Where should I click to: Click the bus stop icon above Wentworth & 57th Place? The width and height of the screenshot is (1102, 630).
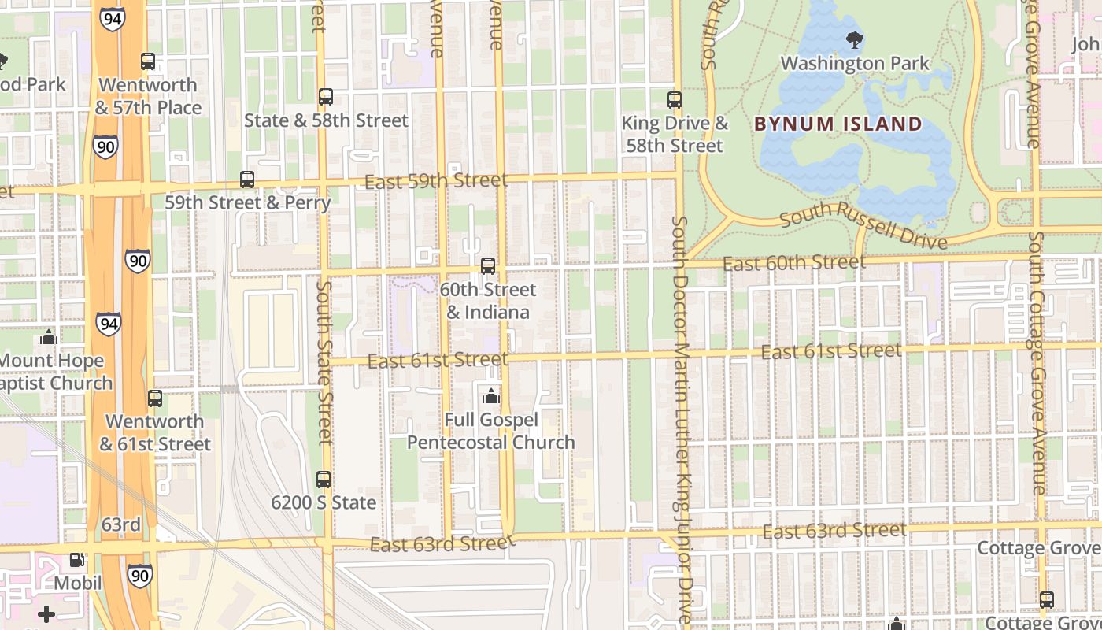(148, 61)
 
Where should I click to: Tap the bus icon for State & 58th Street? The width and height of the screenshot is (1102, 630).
(326, 98)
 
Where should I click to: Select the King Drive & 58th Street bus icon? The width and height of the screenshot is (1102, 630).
(675, 100)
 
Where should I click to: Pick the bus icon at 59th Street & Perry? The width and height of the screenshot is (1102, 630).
(247, 180)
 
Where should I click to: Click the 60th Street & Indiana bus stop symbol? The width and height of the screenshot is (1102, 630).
(488, 266)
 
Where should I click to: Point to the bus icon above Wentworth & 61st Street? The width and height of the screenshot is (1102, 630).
(155, 398)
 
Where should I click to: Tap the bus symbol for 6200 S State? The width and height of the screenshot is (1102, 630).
(324, 480)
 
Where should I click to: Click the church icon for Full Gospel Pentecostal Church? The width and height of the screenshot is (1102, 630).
(491, 396)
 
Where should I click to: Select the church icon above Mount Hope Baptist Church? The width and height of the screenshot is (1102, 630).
(49, 338)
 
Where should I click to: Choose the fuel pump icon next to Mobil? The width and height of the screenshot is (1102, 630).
(77, 560)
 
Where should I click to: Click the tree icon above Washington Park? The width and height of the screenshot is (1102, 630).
(854, 39)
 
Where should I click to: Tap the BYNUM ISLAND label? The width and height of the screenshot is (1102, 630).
(838, 124)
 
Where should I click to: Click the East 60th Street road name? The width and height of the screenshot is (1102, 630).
(794, 262)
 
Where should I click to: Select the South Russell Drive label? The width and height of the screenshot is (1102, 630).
(863, 224)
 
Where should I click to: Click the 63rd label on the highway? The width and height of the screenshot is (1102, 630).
(121, 524)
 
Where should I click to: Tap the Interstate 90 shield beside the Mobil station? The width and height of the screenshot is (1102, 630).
(139, 576)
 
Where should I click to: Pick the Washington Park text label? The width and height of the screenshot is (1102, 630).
(855, 63)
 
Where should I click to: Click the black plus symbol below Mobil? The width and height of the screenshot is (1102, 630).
(46, 613)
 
